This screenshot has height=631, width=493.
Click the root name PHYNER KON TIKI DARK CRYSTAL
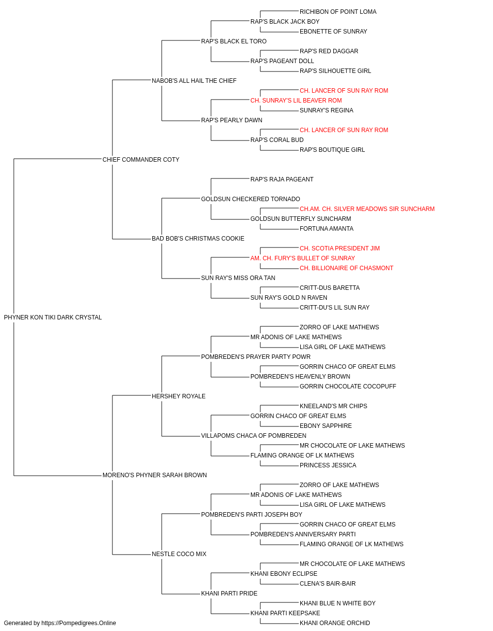tap(53, 317)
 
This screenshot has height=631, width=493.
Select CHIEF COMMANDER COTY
tap(141, 159)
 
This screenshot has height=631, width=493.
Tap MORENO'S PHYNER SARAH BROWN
tap(155, 475)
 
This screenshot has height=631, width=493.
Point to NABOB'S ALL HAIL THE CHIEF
tap(194, 81)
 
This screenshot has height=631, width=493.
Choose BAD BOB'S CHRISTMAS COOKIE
tap(198, 239)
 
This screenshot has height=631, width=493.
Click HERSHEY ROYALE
tap(178, 396)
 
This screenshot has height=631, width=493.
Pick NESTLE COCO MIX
tap(179, 554)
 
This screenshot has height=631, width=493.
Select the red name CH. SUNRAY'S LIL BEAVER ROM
tap(296, 101)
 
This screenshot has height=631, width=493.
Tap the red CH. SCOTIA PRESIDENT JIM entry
tap(340, 248)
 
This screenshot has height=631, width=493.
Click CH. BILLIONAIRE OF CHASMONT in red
tap(347, 268)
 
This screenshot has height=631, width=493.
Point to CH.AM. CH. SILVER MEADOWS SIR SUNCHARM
tap(367, 209)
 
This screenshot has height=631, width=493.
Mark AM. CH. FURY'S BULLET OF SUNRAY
tap(303, 258)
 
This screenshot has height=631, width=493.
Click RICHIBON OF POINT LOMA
tap(338, 12)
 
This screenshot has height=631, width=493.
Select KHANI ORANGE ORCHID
tap(335, 623)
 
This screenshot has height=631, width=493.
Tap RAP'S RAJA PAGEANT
tap(282, 179)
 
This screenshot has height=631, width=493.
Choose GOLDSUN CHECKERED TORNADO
tap(250, 199)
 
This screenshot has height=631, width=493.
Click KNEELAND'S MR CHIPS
tap(333, 406)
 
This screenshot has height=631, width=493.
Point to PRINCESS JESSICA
tap(328, 465)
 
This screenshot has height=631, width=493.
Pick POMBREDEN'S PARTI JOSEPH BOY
tap(252, 515)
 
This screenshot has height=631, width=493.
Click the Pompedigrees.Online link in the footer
tap(79, 623)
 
